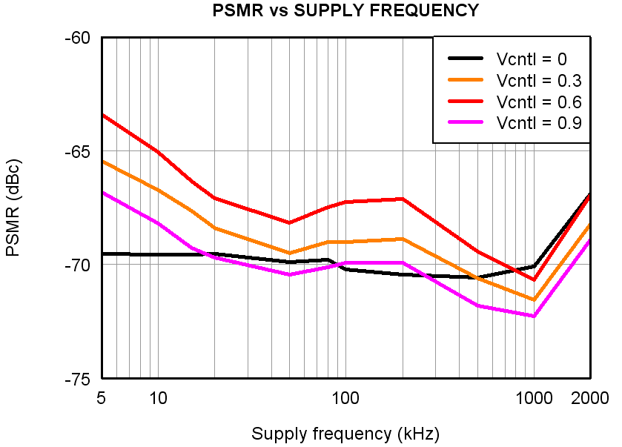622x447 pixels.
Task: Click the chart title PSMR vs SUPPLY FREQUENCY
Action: (345, 10)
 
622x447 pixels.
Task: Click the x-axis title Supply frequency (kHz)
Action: (345, 434)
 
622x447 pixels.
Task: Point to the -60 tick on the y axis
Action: (78, 38)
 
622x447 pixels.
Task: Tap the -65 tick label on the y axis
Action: (78, 151)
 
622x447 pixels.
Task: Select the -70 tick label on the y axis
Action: (78, 265)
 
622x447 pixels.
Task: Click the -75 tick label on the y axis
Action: (78, 379)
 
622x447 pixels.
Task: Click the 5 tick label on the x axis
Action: (101, 398)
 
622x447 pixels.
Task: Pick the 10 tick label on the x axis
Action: (158, 398)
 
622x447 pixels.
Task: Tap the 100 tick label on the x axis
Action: (345, 398)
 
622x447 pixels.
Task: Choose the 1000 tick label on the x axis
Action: (533, 398)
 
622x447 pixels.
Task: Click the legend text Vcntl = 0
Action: (532, 58)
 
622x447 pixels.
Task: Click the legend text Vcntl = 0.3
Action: (538, 79)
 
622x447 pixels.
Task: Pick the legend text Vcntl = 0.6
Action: (538, 101)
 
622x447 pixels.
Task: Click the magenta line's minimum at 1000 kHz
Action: (533, 316)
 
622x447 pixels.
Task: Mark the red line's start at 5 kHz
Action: (102, 115)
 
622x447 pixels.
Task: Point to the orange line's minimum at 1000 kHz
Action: (533, 299)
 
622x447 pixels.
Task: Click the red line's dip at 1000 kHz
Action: (533, 279)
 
